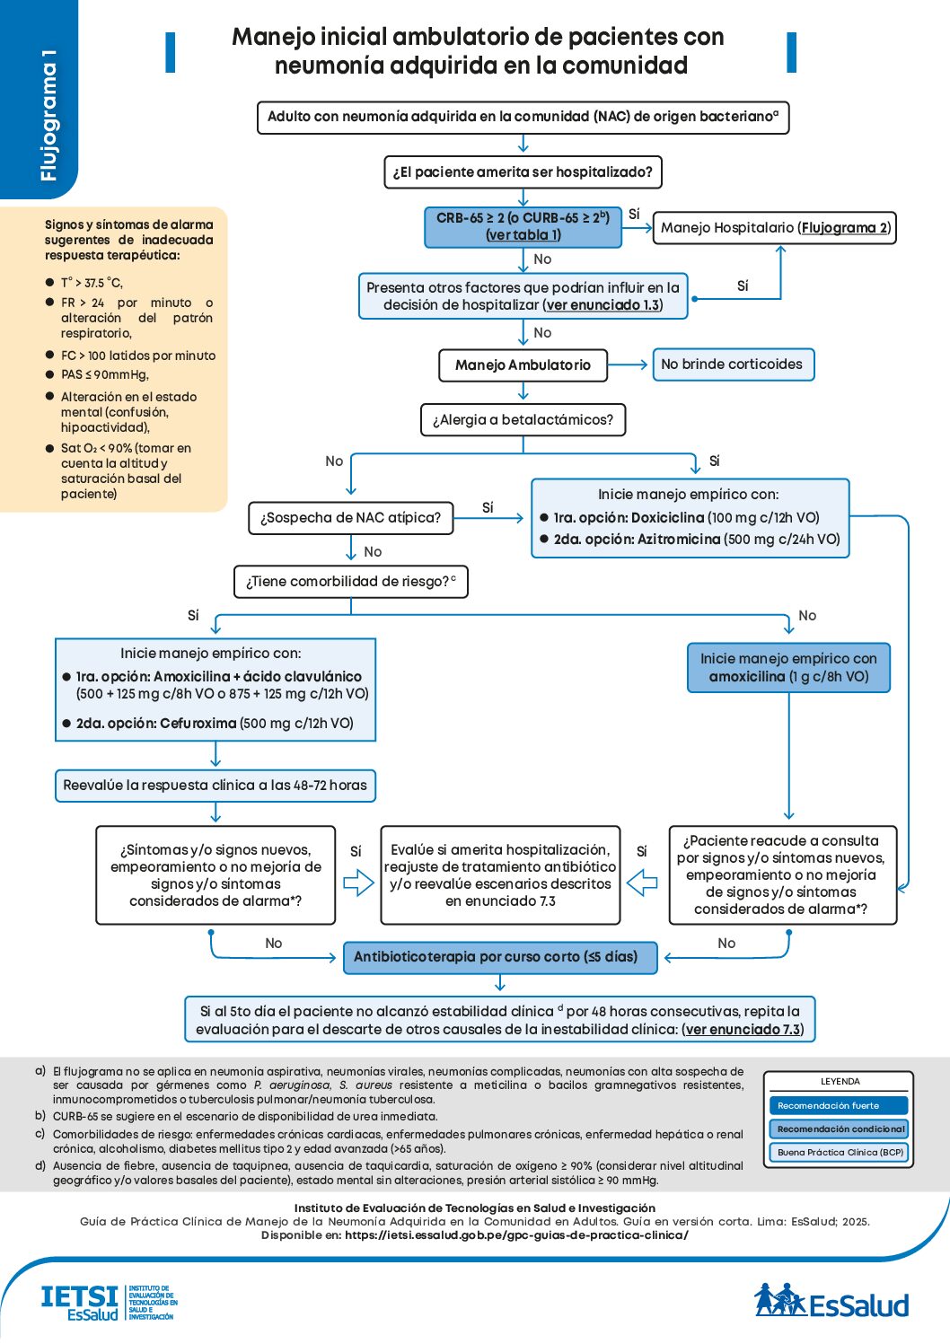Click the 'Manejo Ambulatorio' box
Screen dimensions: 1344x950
[523, 365]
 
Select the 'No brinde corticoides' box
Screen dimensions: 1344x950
[733, 365]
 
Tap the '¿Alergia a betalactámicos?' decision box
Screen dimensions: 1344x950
[523, 420]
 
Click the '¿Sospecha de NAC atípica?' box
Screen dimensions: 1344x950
[350, 518]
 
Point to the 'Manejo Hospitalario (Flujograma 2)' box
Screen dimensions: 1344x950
[775, 228]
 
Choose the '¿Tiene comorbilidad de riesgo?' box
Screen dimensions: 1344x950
[350, 582]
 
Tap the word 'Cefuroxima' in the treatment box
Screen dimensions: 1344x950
[198, 724]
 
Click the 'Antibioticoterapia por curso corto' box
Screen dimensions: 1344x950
[500, 957]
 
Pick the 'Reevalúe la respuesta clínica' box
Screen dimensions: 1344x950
[216, 786]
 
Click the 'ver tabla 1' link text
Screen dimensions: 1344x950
[523, 235]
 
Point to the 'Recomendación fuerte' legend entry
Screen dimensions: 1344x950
[838, 1106]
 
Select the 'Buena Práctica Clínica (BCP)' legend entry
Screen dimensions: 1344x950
[838, 1153]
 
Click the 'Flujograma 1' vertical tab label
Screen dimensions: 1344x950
[49, 115]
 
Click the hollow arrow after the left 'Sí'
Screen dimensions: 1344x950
[358, 883]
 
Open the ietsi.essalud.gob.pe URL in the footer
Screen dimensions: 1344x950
[516, 1235]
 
